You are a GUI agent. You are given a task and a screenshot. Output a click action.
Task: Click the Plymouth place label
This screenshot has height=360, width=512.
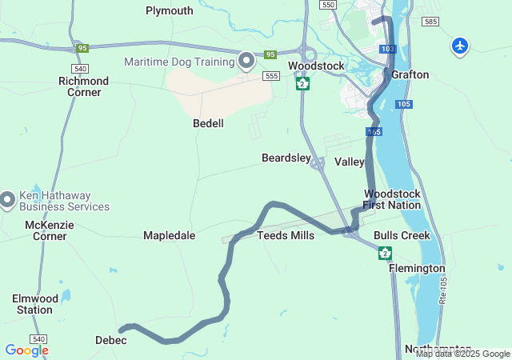tap(170, 10)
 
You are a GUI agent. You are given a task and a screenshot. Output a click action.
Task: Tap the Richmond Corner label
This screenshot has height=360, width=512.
tap(84, 86)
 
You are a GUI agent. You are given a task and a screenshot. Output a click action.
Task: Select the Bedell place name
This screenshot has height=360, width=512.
tap(208, 123)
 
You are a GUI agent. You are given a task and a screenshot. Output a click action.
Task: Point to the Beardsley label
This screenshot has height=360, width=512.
tap(286, 158)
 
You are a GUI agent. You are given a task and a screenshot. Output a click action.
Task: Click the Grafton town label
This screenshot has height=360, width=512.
tap(410, 74)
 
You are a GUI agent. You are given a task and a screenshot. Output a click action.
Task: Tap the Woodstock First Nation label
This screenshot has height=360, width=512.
tap(392, 199)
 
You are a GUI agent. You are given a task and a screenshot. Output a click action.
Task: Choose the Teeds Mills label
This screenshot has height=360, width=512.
tap(286, 235)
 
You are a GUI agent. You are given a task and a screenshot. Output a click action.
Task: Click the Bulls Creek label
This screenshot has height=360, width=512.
tap(402, 235)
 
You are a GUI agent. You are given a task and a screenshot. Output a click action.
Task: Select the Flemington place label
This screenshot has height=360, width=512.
tap(417, 268)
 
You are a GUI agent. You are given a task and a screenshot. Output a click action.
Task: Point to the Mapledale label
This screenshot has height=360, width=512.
tap(169, 235)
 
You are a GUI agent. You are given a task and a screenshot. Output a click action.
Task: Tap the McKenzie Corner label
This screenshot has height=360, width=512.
tap(50, 230)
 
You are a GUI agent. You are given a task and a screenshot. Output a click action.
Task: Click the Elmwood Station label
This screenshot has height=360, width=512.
tap(35, 304)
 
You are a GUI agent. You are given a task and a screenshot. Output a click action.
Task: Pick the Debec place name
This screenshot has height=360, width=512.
tap(110, 340)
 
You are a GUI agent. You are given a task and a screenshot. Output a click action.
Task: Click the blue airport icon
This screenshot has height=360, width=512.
tap(460, 46)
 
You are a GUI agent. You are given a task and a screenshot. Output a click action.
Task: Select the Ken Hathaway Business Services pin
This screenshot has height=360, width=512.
tap(8, 198)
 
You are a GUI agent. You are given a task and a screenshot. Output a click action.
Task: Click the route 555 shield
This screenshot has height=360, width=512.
tap(272, 75)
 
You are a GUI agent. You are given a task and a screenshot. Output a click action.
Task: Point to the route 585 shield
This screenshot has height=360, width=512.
tap(431, 22)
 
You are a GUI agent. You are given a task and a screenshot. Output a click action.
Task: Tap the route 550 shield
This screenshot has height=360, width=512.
tap(327, 5)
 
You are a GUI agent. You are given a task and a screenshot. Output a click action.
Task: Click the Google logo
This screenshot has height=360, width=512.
tap(26, 350)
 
